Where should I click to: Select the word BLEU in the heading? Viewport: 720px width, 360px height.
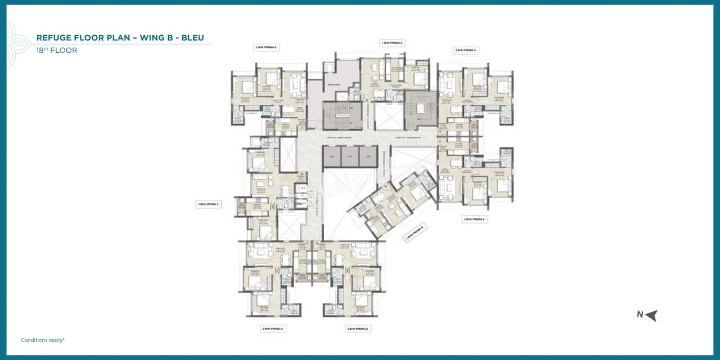point(189,38)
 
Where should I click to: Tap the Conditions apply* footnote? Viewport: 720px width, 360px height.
point(43,340)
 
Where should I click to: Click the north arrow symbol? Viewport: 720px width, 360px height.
point(651,315)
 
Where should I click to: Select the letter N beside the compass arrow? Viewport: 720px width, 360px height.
point(640,315)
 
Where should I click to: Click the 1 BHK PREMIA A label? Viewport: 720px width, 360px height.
point(392,43)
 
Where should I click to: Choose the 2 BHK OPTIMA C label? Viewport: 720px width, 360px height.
point(208,204)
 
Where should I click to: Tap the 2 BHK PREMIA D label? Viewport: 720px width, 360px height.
point(358,328)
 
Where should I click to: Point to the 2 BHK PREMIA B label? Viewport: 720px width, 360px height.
point(267,48)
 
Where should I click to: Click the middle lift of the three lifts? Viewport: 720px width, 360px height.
point(350,156)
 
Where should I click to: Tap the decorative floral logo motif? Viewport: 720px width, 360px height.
point(12,42)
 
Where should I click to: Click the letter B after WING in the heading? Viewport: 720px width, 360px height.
point(172,38)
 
